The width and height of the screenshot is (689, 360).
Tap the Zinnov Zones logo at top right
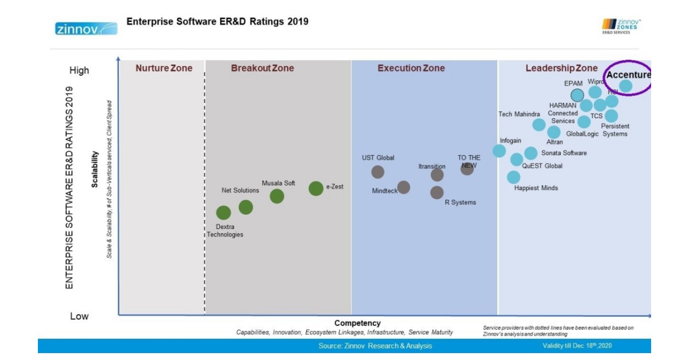tap(621, 26)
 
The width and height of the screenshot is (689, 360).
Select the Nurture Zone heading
tap(164, 68)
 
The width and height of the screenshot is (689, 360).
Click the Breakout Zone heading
tap(262, 68)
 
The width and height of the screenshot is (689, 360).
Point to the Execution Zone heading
tap(411, 68)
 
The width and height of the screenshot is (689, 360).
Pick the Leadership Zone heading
tap(562, 69)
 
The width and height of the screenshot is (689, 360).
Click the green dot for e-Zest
tap(316, 188)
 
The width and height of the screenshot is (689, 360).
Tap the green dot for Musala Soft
tap(277, 196)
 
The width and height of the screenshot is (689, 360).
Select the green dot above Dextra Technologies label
tap(223, 213)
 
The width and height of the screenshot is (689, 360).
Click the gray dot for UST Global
tap(377, 172)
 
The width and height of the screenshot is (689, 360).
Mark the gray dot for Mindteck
tap(404, 187)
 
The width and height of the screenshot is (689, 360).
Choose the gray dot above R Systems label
tap(437, 192)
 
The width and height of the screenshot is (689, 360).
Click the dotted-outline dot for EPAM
tap(577, 95)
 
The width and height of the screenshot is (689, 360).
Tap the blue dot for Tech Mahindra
tap(539, 125)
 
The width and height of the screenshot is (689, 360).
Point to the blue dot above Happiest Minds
tap(513, 177)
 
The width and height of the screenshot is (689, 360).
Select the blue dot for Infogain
tap(500, 151)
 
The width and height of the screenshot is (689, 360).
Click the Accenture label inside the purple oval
tap(629, 75)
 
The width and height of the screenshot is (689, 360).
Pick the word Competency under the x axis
tap(357, 323)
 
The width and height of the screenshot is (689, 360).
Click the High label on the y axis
tap(79, 71)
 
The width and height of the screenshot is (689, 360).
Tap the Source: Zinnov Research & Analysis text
tap(375, 346)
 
